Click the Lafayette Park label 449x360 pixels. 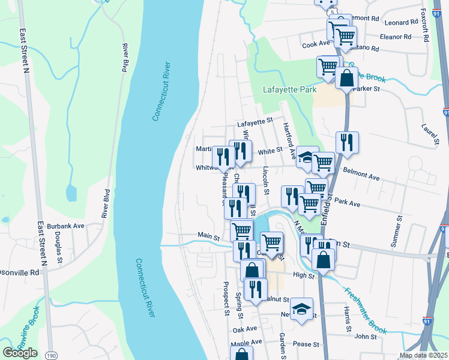[x=289, y=90]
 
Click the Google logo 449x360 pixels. [x=20, y=353]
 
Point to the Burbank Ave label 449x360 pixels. [x=67, y=226]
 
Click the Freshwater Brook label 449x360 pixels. [x=365, y=311]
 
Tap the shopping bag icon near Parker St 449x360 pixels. [x=347, y=78]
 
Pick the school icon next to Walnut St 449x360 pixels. [x=302, y=309]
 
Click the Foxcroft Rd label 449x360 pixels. [x=425, y=25]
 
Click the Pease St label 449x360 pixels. [x=306, y=344]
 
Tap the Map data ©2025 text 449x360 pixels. [x=423, y=355]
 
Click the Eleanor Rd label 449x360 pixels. [x=396, y=36]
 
